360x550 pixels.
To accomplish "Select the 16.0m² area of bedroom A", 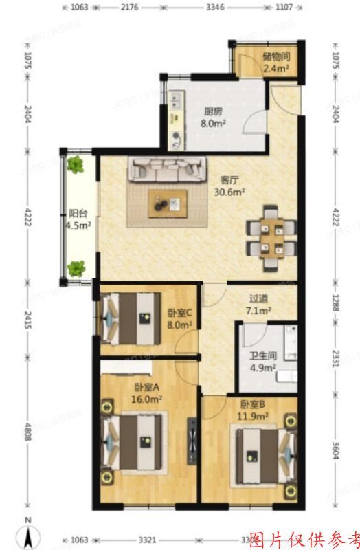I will click(x=148, y=398).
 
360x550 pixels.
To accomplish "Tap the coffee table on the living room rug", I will click(x=168, y=203).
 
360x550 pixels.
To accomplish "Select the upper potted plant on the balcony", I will click(x=76, y=165).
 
